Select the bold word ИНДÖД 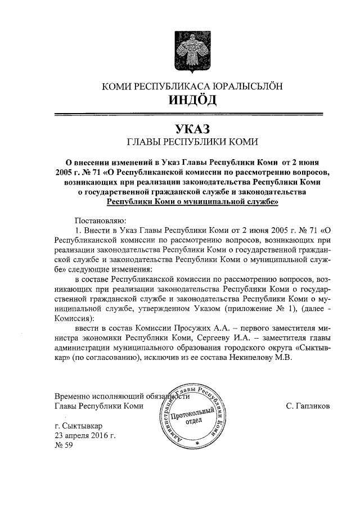point(191,101)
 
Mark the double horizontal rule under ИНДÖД point(191,115)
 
